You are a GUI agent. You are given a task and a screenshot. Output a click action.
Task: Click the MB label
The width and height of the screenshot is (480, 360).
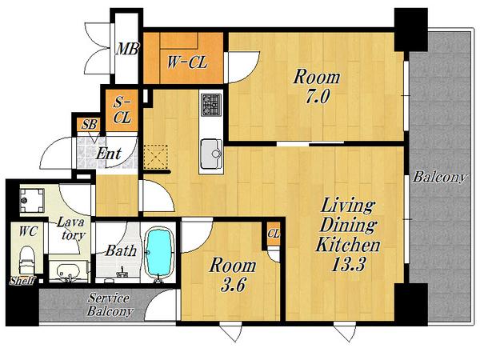(x=127, y=49)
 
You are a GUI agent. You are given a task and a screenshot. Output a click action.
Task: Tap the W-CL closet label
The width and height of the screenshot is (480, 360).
(x=187, y=62)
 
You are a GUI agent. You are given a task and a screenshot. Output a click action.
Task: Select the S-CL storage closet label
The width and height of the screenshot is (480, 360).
(x=122, y=110)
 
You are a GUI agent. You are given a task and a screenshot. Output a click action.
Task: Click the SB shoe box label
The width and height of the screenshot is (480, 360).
(x=90, y=124)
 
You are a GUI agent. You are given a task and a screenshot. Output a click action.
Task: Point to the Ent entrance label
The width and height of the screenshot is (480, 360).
(x=109, y=154)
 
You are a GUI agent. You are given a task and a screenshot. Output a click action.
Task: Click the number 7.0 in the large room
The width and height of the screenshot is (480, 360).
(x=317, y=97)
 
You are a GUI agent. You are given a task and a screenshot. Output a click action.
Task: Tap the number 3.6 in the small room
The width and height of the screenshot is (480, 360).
(x=233, y=286)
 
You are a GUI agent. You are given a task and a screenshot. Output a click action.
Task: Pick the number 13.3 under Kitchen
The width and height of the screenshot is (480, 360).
(x=348, y=265)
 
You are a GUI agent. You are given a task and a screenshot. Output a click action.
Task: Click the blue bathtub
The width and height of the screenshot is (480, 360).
(x=158, y=252)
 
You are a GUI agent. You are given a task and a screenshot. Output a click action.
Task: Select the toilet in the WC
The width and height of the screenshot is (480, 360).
(x=27, y=260)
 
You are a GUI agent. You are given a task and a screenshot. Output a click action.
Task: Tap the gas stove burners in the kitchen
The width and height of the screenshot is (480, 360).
(x=211, y=105)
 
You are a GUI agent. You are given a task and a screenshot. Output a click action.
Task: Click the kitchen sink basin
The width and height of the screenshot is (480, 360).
(x=211, y=154)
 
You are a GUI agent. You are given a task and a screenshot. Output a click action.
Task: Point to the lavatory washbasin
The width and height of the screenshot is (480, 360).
(x=68, y=270)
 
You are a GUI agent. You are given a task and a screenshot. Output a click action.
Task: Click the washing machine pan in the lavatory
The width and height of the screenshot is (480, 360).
(x=32, y=200)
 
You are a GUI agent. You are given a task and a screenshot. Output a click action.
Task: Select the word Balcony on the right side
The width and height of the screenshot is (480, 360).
(x=439, y=178)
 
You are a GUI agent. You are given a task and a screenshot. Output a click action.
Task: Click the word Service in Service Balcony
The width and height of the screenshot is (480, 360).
(x=109, y=298)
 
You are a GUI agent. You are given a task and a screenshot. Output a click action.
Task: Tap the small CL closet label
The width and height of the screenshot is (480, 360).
(x=274, y=234)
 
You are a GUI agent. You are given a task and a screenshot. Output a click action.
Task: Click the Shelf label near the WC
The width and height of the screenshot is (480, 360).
(x=22, y=281)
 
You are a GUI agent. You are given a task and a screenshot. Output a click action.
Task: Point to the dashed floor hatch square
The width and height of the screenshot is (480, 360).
(x=156, y=157)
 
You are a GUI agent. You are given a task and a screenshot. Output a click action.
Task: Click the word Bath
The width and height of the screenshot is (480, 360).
(x=121, y=251)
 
